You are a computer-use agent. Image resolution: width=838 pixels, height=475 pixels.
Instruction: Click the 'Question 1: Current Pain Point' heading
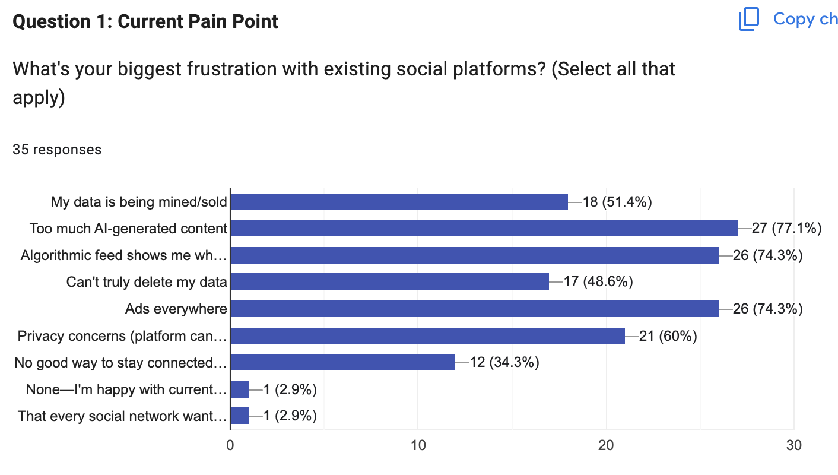pos(145,22)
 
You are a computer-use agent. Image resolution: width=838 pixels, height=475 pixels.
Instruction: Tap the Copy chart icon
pos(748,20)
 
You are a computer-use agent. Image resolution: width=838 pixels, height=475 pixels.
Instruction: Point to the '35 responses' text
pos(57,150)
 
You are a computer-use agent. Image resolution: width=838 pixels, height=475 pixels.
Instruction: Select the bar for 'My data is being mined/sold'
pos(399,202)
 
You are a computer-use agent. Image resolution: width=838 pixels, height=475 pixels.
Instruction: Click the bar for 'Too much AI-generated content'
pos(484,228)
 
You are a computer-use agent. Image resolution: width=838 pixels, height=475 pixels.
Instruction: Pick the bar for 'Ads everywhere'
pos(474,309)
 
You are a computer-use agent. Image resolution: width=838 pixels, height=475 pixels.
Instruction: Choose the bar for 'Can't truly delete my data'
pos(389,281)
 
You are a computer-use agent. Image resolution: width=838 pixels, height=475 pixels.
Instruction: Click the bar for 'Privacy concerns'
pos(427,336)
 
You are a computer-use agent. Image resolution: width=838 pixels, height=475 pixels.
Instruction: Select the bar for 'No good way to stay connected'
pos(342,362)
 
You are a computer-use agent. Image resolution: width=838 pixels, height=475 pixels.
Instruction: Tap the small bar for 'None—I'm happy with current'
pos(239,389)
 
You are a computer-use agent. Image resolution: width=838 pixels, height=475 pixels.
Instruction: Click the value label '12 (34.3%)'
pos(504,362)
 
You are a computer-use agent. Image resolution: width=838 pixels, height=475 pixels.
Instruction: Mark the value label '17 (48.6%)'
pos(598,281)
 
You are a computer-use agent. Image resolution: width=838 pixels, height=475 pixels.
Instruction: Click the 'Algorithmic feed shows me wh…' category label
pos(123,255)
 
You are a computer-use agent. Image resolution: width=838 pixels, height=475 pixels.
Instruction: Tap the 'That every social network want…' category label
pos(122,416)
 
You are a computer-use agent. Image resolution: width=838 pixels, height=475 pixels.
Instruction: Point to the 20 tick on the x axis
pos(606,446)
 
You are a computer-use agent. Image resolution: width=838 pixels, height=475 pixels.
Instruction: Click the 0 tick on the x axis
pos(230,446)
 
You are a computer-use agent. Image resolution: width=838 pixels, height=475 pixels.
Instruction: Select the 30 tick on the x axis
pos(793,446)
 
